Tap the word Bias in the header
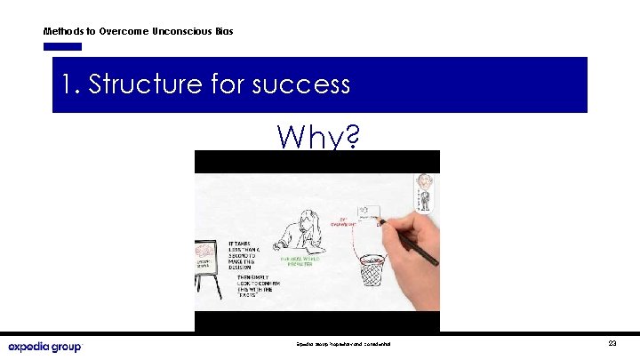[x=224, y=31]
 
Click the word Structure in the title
[x=146, y=84]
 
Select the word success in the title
[x=301, y=84]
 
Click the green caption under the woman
[x=308, y=264]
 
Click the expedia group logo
[x=44, y=346]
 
